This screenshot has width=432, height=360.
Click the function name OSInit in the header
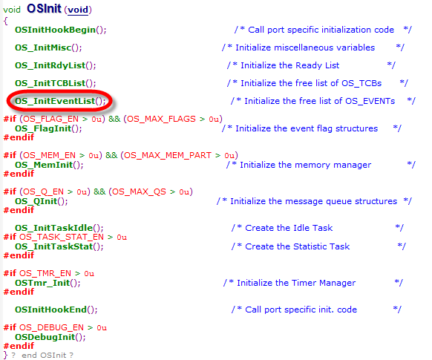[44, 9]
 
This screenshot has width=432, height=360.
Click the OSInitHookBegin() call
[61, 30]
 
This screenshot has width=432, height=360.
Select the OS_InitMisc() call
[48, 48]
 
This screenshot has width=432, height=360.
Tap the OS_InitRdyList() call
[56, 65]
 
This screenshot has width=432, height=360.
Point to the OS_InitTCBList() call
[56, 83]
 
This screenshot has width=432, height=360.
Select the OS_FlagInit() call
[48, 128]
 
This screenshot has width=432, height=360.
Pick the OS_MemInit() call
[49, 165]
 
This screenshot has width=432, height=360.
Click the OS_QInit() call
[42, 201]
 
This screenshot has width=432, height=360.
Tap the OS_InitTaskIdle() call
[59, 228]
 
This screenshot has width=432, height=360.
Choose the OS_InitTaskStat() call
[59, 246]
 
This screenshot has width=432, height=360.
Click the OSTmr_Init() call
[48, 283]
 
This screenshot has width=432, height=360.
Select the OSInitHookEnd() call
[56, 310]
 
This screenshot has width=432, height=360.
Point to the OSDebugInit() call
[50, 337]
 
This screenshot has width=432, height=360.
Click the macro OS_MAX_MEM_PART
[168, 156]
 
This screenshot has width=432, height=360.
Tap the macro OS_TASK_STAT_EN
[62, 237]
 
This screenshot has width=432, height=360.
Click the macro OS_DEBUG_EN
[51, 328]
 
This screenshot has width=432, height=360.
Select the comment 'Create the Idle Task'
[289, 228]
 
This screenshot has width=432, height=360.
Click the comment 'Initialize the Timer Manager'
[296, 283]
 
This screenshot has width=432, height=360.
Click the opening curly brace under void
[5, 21]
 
